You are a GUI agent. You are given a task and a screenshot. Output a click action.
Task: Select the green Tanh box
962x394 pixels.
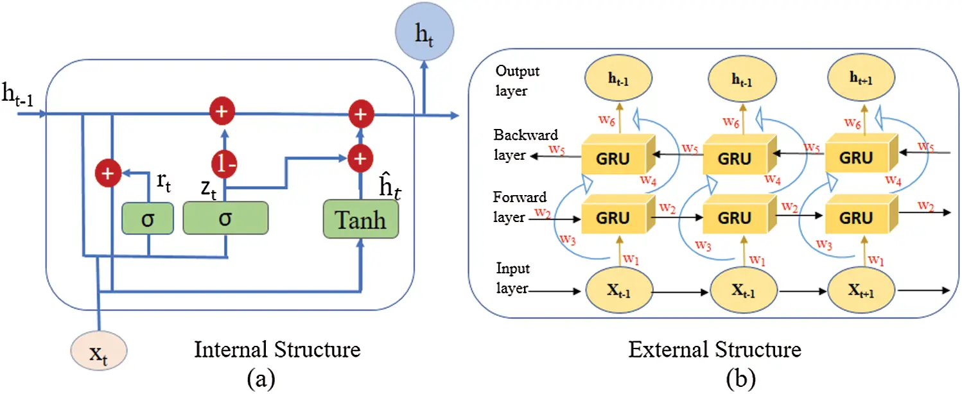[x=360, y=219]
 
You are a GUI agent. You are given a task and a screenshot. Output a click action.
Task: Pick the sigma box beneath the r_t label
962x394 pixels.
[x=148, y=218]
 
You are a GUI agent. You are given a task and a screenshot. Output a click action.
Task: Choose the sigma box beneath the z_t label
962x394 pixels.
[x=225, y=218]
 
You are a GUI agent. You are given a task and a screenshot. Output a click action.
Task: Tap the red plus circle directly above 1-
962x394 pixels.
[x=222, y=112]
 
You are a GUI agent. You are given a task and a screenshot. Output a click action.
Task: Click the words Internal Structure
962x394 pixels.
[x=277, y=350]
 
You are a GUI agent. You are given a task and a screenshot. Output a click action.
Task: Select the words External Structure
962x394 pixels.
[x=714, y=350]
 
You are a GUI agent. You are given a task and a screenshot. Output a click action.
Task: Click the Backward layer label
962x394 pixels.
[x=525, y=145]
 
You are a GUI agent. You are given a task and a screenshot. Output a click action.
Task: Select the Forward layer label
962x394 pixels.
[x=520, y=207]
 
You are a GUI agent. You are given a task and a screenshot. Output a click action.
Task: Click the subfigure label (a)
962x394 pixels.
[x=261, y=379]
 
